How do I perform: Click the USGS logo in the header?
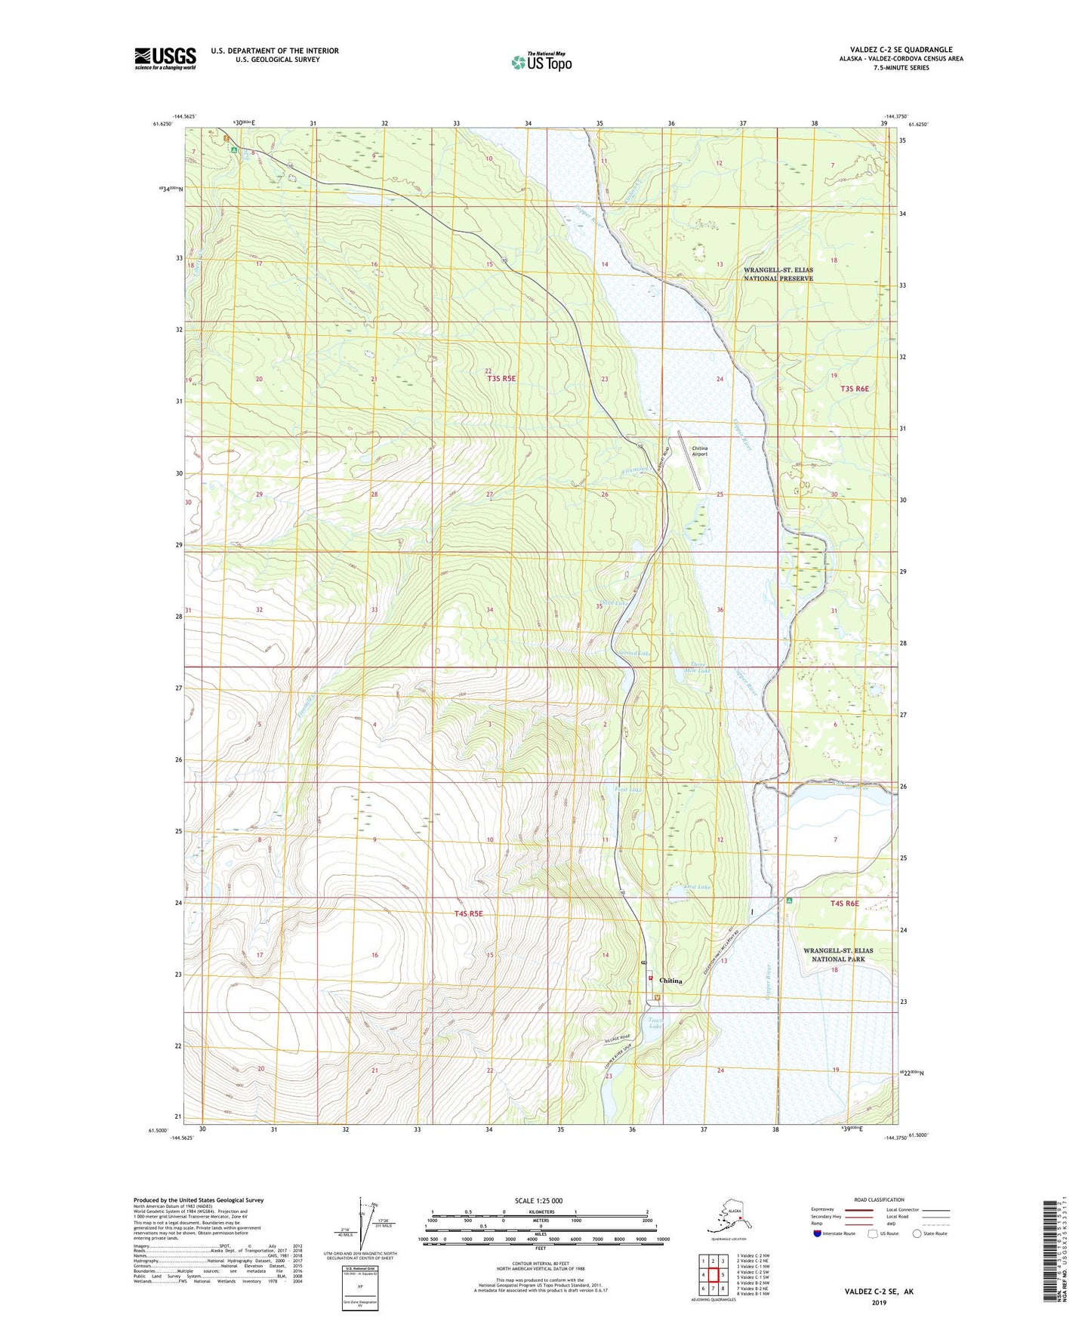pos(165,58)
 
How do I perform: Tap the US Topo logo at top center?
pos(541,61)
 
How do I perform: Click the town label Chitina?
pos(670,981)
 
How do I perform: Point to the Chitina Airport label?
pos(700,451)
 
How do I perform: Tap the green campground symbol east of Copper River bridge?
pos(789,901)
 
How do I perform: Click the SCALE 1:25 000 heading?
pos(538,1201)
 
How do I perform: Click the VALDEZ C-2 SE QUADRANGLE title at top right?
pos(897,50)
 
